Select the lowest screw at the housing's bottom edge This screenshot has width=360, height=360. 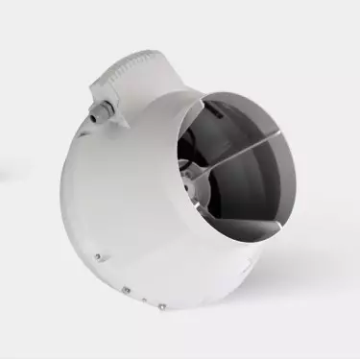pyautogui.click(x=162, y=308)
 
